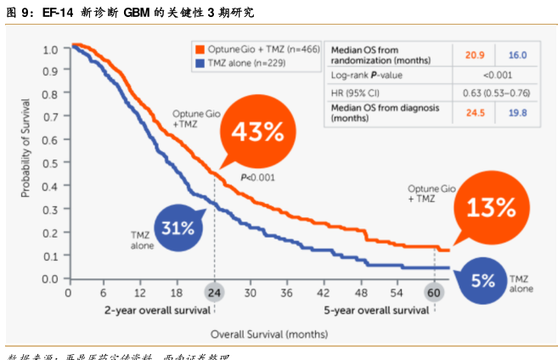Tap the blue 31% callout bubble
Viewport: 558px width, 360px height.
pos(179,227)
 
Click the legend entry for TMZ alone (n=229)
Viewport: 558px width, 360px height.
pos(247,63)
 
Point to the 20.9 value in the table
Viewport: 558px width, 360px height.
pos(474,55)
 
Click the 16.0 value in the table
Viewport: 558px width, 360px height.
pos(517,55)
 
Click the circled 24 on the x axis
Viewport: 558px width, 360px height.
pos(214,293)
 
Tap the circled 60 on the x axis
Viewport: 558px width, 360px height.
pos(433,293)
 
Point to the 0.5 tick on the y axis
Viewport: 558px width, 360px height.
pos(51,164)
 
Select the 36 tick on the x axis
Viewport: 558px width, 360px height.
pos(287,293)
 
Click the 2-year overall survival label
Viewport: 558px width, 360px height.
pos(157,310)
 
